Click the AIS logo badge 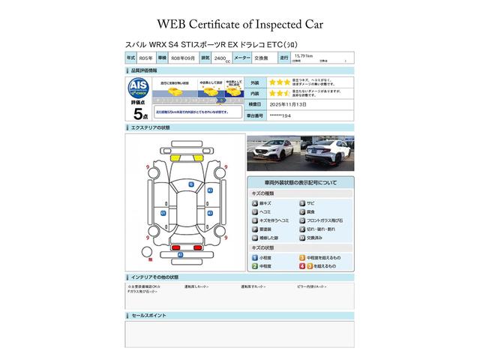tap(138, 85)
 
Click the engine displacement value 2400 tap(220, 57)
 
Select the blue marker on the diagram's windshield tap(191, 184)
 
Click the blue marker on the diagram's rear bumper tap(179, 255)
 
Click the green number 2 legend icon tap(255, 265)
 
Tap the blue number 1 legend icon tap(255, 256)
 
